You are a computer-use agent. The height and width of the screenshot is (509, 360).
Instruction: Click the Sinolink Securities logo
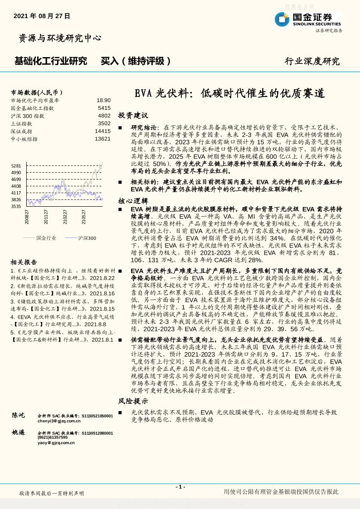point(308,19)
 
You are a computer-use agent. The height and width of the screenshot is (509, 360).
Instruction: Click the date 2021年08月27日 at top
point(42,16)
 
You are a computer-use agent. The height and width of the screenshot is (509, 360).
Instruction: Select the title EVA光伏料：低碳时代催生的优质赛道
point(230,93)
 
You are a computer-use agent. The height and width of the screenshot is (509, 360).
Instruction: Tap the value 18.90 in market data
point(103,100)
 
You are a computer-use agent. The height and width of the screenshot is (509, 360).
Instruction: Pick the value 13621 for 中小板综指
point(102,139)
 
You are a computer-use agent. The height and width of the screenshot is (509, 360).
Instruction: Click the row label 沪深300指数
point(28,116)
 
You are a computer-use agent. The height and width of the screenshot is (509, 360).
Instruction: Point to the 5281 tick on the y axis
point(16,166)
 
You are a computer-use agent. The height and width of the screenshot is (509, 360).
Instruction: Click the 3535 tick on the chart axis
point(16,206)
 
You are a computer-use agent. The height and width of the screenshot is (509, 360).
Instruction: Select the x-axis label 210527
point(84,217)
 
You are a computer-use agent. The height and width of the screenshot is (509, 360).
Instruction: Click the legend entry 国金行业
point(46,238)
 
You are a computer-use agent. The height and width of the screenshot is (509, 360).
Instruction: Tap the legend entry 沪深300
point(87,238)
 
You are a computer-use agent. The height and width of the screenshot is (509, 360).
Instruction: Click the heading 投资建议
point(133,116)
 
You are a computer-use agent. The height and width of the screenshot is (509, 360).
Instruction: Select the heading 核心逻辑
point(133,201)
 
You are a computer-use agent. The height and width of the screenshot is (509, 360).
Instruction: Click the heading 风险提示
point(133,401)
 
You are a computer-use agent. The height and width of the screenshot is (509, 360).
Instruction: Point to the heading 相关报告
point(24,262)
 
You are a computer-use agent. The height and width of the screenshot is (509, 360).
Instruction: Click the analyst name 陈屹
point(19,415)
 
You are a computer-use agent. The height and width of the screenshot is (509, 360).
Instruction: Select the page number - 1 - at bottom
point(180,487)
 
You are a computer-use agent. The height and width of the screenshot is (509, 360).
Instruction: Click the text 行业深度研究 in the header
point(312,61)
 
